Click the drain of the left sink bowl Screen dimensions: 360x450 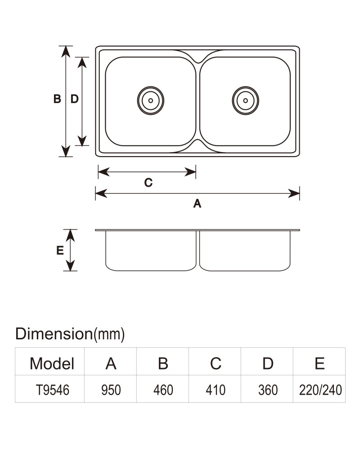tap(150, 100)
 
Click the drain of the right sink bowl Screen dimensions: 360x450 tap(245, 100)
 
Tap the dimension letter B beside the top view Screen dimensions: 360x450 tap(57, 99)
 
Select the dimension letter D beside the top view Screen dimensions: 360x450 tap(74, 99)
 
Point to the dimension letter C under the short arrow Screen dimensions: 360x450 tap(148, 183)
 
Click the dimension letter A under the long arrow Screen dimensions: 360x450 tap(197, 203)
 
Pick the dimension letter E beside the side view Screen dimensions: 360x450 tap(60, 251)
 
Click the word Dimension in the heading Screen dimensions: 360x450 tap(54, 334)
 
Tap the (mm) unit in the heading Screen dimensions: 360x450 tap(109, 334)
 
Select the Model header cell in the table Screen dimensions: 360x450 tap(52, 364)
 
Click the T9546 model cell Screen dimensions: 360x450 tap(53, 390)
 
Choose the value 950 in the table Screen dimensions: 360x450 tap(111, 390)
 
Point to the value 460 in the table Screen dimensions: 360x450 tap(163, 390)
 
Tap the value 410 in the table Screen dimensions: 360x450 tap(215, 390)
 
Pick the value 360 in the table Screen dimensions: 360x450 tap(268, 390)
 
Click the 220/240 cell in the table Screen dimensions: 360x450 tap(320, 390)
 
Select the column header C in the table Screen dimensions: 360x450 tap(216, 364)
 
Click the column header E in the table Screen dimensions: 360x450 tap(320, 364)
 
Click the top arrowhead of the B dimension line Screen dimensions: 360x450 tap(66, 52)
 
